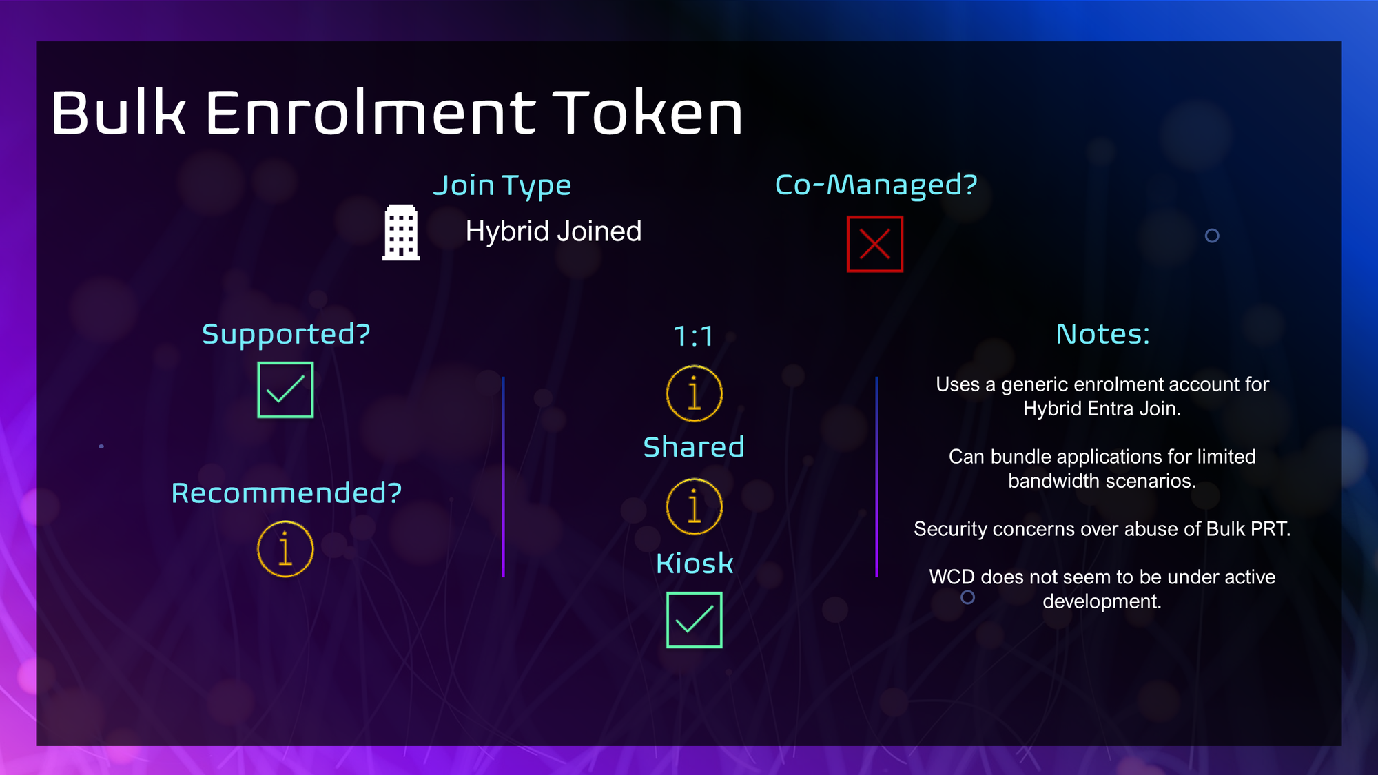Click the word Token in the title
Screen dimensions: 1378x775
tap(648, 112)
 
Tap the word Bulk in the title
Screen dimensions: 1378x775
tap(119, 112)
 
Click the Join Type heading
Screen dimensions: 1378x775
tap(502, 186)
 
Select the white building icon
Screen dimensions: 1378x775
tap(401, 233)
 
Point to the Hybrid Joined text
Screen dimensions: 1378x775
tap(553, 231)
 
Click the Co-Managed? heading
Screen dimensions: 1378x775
tap(876, 185)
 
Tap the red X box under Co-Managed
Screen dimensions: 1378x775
tap(875, 244)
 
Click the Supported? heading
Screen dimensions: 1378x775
tap(286, 335)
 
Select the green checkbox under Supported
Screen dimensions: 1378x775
tap(285, 390)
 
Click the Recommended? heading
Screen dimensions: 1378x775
tap(287, 493)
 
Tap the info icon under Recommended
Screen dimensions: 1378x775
tap(285, 549)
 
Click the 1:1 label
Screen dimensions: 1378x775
tap(693, 336)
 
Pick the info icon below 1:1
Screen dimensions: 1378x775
tap(695, 393)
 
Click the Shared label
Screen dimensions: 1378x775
tap(694, 447)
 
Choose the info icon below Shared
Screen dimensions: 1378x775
tap(695, 506)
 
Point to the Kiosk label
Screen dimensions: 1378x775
tap(695, 564)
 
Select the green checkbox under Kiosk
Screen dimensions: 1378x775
tap(695, 620)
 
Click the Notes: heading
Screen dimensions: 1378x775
tap(1103, 335)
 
